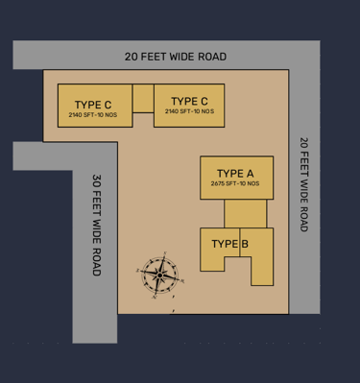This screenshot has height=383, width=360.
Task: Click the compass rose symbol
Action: coord(159,275)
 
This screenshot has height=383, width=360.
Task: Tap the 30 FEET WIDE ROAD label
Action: coord(97,225)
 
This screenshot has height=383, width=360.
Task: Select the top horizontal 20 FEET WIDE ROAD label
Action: coord(176,57)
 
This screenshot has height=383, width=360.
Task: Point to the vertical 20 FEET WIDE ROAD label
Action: coord(304,184)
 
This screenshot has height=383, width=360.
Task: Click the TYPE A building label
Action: coord(235,174)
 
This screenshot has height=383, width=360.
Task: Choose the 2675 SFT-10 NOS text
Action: coord(235,183)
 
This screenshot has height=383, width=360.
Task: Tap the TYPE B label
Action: coord(230,244)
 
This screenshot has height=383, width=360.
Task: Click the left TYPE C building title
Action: coord(93,105)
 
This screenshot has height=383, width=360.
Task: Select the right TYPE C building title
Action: coord(189,101)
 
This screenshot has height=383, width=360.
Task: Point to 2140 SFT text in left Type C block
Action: coord(81,115)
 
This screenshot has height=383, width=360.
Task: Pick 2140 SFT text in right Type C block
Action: coord(178,111)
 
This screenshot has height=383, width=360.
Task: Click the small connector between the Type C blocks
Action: coord(143,98)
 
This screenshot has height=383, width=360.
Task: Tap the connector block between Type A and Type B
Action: coord(245,214)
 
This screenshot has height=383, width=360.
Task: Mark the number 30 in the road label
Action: coord(97,180)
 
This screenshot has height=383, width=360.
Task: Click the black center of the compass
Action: coord(159,275)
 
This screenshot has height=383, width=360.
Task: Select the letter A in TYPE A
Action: coord(250,174)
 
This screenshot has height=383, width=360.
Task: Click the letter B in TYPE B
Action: coord(245,244)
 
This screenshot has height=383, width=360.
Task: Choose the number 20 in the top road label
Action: coord(131,57)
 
